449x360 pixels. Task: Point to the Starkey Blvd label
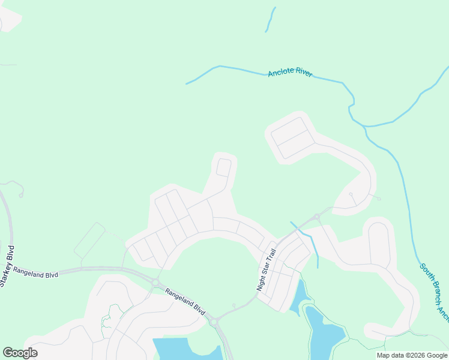8,266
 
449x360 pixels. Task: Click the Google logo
20,353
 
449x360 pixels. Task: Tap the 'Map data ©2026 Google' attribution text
412,355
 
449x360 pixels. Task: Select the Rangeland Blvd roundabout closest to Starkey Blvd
155,282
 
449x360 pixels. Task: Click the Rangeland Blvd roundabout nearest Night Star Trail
213,322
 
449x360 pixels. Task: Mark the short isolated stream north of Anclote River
271,19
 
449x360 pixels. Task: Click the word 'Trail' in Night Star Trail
271,257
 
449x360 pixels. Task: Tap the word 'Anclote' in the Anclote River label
280,73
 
